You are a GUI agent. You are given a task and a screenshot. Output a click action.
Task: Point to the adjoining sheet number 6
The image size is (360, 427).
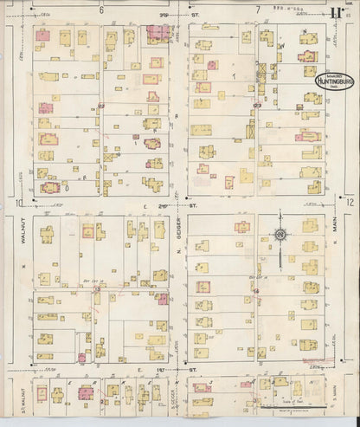(x=101, y=10)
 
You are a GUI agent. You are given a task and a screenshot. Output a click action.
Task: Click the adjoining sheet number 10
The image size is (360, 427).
(x=18, y=203)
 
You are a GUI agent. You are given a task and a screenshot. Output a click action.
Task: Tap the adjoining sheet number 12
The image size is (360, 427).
(x=349, y=202)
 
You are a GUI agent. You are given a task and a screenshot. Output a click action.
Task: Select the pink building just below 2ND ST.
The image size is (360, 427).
(x=87, y=230)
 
